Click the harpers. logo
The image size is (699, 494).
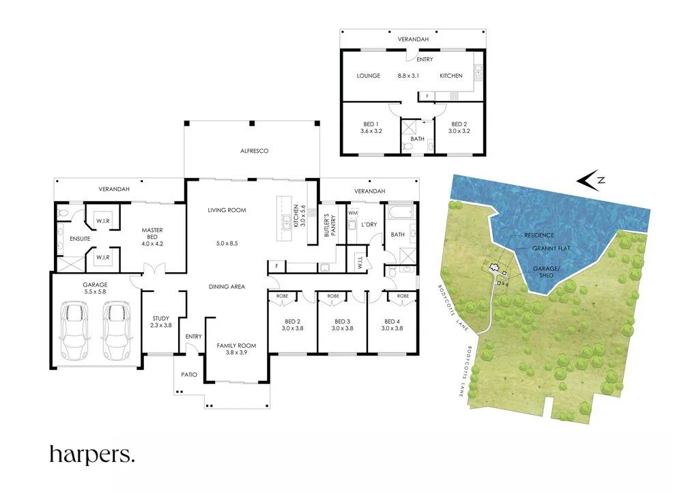tap(92, 454)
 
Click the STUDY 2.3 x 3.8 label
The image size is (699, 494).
tap(162, 322)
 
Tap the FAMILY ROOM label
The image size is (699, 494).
tap(236, 349)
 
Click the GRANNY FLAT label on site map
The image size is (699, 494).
tap(550, 249)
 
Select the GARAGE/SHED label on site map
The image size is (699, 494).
tap(551, 272)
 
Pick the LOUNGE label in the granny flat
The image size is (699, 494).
tap(368, 76)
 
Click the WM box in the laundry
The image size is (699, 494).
tap(352, 214)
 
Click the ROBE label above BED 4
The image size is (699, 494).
tap(403, 296)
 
